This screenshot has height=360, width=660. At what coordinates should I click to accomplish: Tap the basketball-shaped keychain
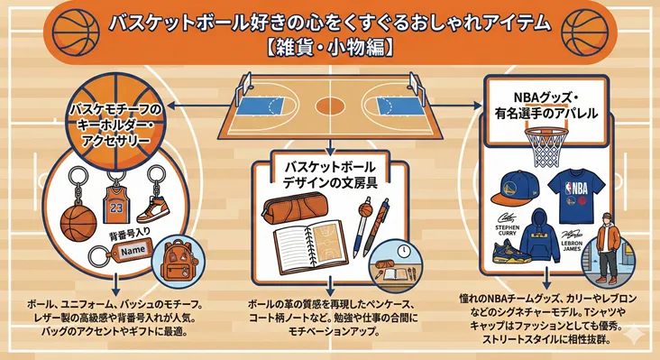[78, 219]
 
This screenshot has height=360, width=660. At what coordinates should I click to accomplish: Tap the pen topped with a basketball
[364, 226]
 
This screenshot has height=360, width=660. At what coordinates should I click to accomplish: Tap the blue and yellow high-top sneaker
[510, 251]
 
